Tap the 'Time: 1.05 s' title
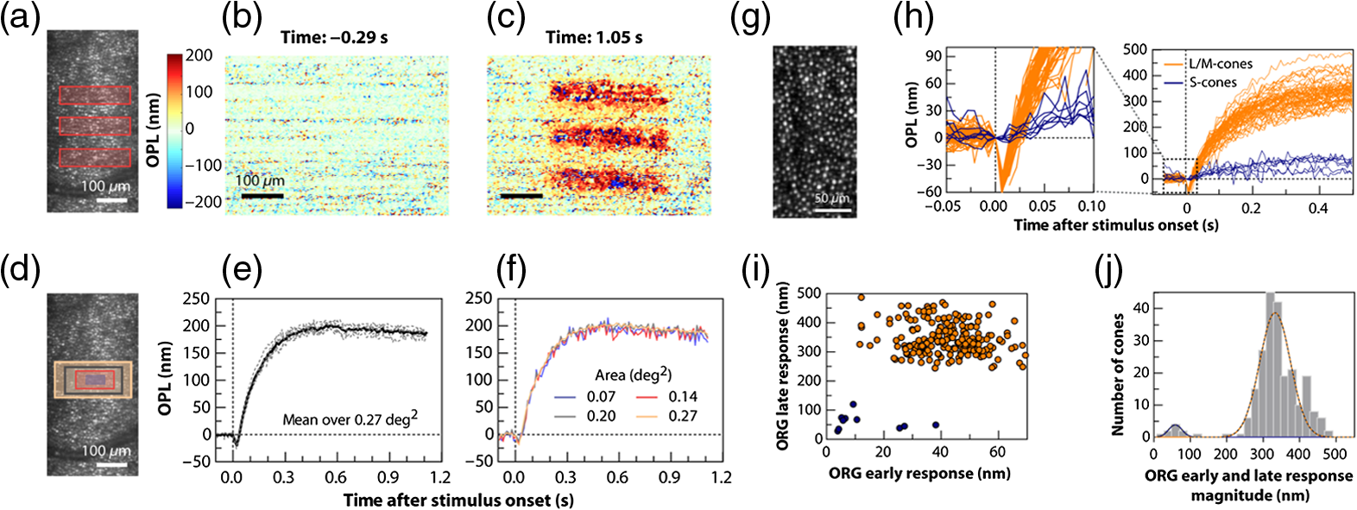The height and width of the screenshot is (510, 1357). tap(594, 38)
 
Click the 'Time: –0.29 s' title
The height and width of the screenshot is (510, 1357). tap(334, 38)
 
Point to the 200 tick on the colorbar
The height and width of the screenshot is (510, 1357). tap(199, 55)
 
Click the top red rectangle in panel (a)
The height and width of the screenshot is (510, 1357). tap(95, 96)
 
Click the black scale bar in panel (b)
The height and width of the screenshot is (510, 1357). tap(262, 196)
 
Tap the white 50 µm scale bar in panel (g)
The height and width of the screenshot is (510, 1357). tap(832, 211)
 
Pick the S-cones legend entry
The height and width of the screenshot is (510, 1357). tap(1199, 82)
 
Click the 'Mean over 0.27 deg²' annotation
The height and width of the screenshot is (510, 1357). tap(350, 419)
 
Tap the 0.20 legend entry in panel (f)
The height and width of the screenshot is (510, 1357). tap(584, 416)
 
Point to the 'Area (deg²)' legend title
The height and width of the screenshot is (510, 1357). tap(633, 375)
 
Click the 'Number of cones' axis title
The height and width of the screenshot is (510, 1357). tap(1118, 375)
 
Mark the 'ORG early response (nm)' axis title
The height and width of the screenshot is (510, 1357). tap(919, 473)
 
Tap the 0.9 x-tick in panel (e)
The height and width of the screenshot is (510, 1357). tap(388, 478)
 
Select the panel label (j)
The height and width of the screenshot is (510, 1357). tap(1110, 274)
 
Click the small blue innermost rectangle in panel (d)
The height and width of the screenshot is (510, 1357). tap(94, 379)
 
